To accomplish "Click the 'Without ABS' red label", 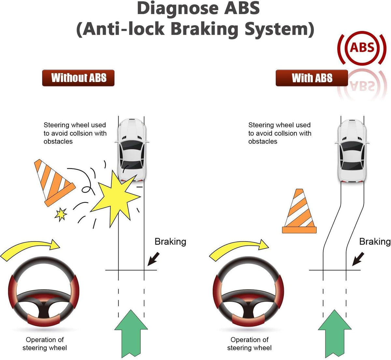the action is (x=78, y=78).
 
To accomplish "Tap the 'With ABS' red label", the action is (x=312, y=78).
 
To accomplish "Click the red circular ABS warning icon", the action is (x=362, y=48).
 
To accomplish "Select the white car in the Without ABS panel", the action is (x=132, y=150).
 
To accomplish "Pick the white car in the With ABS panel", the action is (x=352, y=151).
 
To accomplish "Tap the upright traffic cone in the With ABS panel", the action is (x=299, y=211).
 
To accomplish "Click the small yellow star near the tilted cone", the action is (x=61, y=214).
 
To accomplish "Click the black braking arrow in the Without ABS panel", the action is (x=153, y=259).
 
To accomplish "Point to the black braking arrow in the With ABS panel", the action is (x=358, y=259).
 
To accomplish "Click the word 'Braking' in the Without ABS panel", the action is (x=170, y=242).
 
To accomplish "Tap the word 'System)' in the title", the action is (x=280, y=29).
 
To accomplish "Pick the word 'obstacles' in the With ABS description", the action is (x=263, y=141).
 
